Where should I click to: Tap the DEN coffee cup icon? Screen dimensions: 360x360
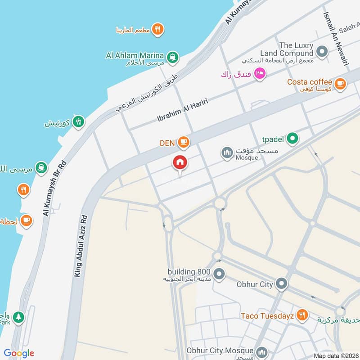click(183, 143)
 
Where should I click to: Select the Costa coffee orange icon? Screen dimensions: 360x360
click(340, 83)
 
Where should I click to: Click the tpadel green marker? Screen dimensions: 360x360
click(292, 139)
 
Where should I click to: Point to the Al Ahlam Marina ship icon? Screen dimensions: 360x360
click(172, 57)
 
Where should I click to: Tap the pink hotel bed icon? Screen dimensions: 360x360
click(260, 73)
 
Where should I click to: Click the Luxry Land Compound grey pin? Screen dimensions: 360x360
click(322, 52)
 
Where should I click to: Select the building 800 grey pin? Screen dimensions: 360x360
click(219, 274)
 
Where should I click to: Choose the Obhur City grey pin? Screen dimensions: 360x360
click(282, 284)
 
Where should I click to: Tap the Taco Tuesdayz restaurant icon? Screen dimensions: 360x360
click(302, 315)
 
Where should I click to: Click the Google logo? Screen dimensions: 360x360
click(19, 353)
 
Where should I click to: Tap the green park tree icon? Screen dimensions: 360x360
click(18, 317)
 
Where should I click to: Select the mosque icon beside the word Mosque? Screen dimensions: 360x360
click(227, 153)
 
